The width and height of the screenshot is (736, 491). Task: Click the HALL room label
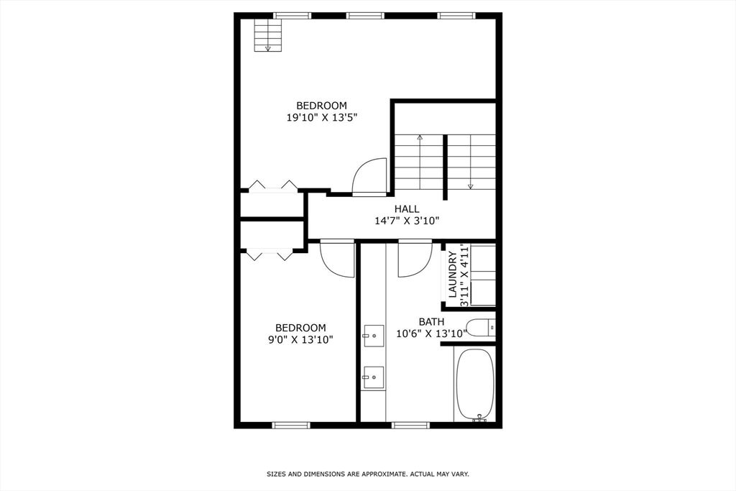[407, 209]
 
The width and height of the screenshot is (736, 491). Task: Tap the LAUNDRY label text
[453, 274]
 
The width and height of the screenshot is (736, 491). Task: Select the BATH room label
[431, 322]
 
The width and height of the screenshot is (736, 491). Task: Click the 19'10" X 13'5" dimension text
[322, 117]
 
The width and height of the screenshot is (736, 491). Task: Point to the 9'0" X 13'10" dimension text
[300, 340]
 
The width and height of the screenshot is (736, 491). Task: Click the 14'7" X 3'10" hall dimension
[407, 221]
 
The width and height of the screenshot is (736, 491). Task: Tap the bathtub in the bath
[475, 385]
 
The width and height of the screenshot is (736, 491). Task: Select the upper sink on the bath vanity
[374, 336]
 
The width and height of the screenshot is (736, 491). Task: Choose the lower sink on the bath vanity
[374, 377]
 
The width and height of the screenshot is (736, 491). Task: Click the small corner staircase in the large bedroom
[268, 35]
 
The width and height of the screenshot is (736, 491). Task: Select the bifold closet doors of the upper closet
[272, 186]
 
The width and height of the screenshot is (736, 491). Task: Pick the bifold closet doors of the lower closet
[270, 255]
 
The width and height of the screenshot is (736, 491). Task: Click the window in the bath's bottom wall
[410, 426]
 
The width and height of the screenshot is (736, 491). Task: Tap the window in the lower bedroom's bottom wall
[291, 426]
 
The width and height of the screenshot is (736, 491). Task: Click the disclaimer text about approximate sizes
[368, 474]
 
